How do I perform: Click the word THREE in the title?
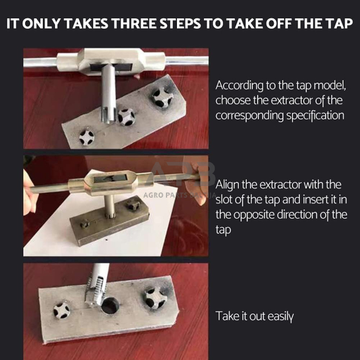point(135,24)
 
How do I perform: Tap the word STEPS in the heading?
point(181,24)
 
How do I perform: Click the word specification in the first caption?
point(315,116)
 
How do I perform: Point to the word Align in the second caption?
point(228,186)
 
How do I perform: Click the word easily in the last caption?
point(280,317)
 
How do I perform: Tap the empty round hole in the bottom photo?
point(110,306)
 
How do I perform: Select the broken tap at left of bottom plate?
point(61,310)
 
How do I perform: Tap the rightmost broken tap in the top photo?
point(162,97)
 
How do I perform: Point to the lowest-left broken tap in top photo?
point(86,138)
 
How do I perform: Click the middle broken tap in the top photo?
point(126,117)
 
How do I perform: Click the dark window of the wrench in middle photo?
point(110,178)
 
